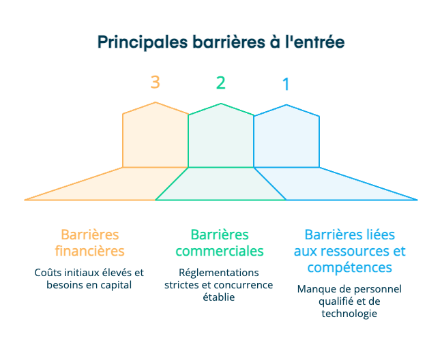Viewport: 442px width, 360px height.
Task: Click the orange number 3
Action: click(x=156, y=82)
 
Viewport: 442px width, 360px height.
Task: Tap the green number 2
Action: click(x=220, y=83)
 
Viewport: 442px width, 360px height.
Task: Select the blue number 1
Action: click(x=286, y=85)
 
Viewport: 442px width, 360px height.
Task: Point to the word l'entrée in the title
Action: click(x=314, y=42)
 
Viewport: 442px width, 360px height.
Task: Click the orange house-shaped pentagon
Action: click(x=155, y=136)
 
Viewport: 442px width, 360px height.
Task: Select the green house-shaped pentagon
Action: click(x=220, y=136)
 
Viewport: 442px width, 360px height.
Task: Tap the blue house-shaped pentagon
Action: click(x=286, y=136)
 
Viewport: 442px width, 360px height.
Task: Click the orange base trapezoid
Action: click(x=102, y=185)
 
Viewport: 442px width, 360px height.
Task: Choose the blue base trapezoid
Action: click(x=341, y=185)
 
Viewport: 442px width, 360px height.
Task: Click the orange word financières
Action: click(x=89, y=250)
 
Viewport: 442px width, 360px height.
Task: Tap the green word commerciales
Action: click(x=220, y=251)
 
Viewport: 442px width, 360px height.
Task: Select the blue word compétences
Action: click(x=349, y=267)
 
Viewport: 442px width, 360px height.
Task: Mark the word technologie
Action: click(x=349, y=314)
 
